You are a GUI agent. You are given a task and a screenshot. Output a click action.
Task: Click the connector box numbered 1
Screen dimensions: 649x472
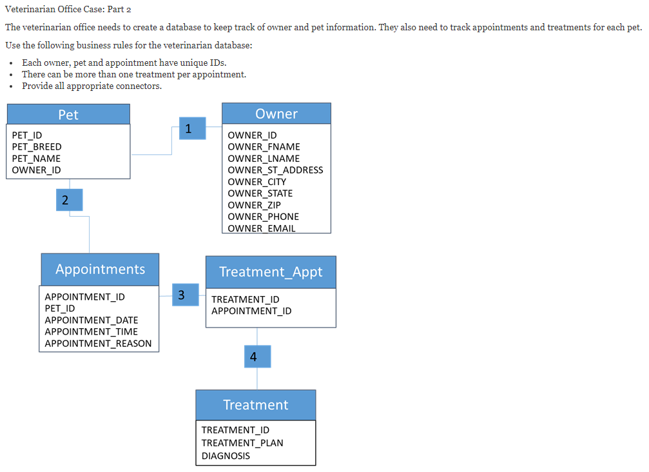click(x=193, y=128)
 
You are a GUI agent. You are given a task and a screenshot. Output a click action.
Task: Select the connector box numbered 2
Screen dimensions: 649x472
click(x=70, y=200)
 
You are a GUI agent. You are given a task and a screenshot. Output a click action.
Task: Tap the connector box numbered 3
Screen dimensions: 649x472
click(x=186, y=295)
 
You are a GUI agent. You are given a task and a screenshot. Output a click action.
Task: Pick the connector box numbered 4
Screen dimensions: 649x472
click(x=257, y=357)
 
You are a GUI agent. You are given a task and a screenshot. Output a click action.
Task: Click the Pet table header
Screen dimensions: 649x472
click(x=68, y=114)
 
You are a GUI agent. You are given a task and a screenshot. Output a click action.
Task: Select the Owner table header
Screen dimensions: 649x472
click(x=276, y=113)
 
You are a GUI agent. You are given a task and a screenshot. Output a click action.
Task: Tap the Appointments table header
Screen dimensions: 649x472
click(x=100, y=270)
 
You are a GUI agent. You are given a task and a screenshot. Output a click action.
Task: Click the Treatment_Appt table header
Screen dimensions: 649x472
click(x=271, y=272)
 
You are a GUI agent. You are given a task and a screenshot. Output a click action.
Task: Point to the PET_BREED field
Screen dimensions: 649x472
click(x=37, y=147)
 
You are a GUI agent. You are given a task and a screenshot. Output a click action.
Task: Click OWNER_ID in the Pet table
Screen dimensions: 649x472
click(x=37, y=170)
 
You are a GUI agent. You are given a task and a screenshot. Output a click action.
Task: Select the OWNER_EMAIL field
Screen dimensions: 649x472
click(x=262, y=228)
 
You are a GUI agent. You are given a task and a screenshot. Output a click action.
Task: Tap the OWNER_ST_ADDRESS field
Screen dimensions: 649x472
click(x=275, y=170)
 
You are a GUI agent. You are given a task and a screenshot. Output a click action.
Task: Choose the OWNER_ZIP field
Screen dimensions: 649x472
click(x=254, y=205)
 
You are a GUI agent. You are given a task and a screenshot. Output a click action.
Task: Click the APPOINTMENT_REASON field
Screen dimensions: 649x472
click(x=98, y=344)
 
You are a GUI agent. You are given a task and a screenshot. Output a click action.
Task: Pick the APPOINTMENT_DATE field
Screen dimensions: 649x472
click(x=92, y=320)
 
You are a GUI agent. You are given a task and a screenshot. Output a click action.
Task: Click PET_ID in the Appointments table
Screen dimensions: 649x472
click(x=60, y=308)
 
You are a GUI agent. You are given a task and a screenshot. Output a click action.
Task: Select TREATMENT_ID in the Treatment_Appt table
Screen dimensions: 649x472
click(x=246, y=299)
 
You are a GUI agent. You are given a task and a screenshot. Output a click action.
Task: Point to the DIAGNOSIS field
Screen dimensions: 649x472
click(x=226, y=456)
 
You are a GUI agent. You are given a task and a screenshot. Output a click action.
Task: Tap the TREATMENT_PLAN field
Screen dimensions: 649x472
click(x=242, y=443)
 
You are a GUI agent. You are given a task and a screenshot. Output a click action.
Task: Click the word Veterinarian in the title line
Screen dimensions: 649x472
click(x=30, y=9)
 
